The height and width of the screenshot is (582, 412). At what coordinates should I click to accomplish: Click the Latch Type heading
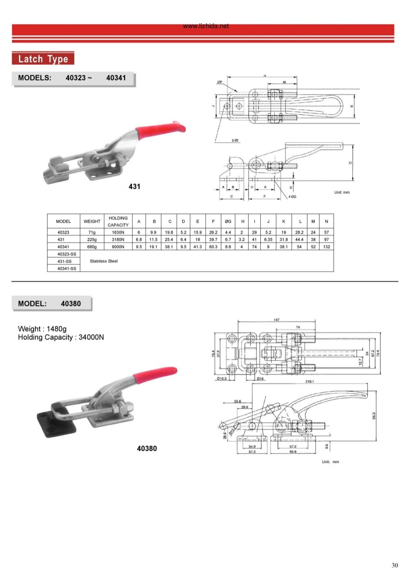tap(43, 59)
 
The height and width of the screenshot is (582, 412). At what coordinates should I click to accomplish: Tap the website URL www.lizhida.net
tap(206, 26)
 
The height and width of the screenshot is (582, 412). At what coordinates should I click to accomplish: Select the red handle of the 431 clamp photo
tap(161, 129)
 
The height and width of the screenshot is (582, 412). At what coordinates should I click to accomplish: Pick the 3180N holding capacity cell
tap(118, 240)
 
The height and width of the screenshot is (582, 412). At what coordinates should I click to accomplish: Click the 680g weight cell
tap(92, 247)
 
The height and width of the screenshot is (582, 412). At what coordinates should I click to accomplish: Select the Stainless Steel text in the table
tap(104, 261)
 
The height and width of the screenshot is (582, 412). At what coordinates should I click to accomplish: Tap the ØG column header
tap(228, 221)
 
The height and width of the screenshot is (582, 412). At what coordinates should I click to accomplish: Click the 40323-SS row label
tap(66, 254)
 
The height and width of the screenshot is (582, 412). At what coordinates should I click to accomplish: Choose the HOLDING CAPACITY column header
tap(118, 221)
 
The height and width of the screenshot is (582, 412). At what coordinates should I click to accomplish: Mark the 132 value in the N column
tap(326, 247)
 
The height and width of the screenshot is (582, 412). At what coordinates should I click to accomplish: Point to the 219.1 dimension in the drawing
tap(309, 381)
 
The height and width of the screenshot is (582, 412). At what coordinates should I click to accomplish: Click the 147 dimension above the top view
tap(276, 320)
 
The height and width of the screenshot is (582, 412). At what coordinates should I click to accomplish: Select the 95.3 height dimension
tap(374, 416)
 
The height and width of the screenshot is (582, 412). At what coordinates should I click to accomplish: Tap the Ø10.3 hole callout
tap(222, 378)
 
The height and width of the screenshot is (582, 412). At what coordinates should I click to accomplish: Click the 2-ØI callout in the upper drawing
tap(235, 140)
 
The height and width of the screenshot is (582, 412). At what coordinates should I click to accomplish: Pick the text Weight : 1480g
tap(42, 329)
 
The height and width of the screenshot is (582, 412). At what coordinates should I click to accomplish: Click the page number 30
tap(395, 566)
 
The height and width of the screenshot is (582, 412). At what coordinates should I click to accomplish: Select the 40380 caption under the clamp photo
tap(147, 448)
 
